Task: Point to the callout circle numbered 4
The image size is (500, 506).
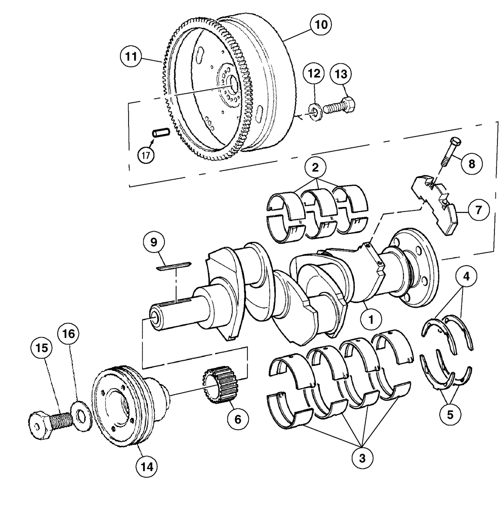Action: click(x=467, y=277)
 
